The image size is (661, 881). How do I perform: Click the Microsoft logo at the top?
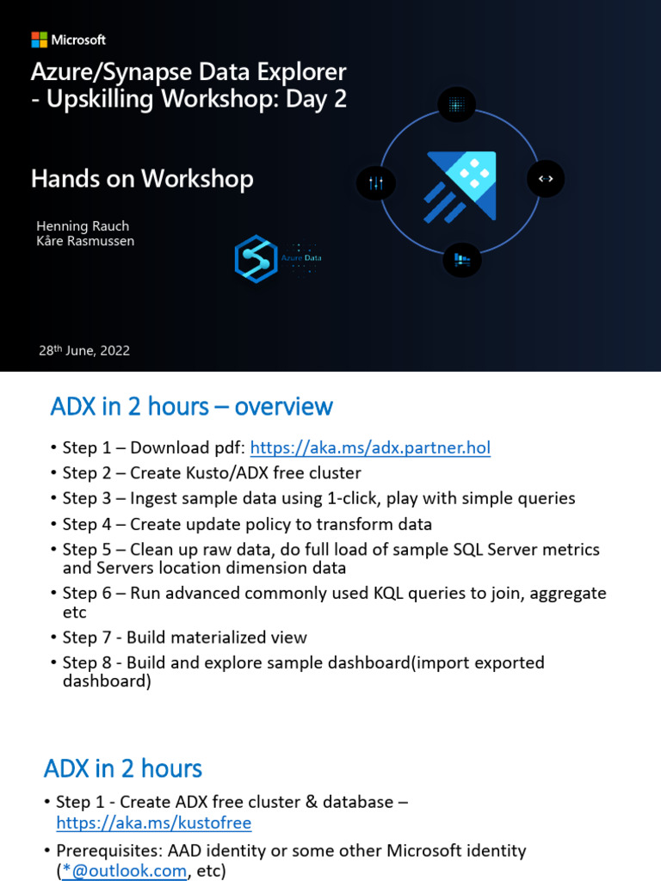tap(69, 40)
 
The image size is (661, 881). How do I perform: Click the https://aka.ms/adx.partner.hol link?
tap(370, 447)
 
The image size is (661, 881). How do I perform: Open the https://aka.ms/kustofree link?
tap(153, 823)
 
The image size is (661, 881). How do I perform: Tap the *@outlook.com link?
tap(125, 871)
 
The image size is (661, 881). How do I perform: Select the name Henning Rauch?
tap(83, 225)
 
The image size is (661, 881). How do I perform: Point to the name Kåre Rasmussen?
tap(85, 241)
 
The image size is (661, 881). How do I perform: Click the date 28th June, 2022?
tap(84, 350)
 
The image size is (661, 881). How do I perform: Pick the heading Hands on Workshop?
tap(142, 178)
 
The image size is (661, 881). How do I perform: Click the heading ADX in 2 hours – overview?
tap(191, 406)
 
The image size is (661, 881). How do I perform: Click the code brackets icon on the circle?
tap(546, 178)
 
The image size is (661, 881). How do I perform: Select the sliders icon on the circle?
tap(375, 182)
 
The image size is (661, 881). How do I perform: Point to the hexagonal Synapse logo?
tap(256, 259)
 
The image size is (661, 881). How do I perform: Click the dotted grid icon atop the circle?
tap(456, 105)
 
